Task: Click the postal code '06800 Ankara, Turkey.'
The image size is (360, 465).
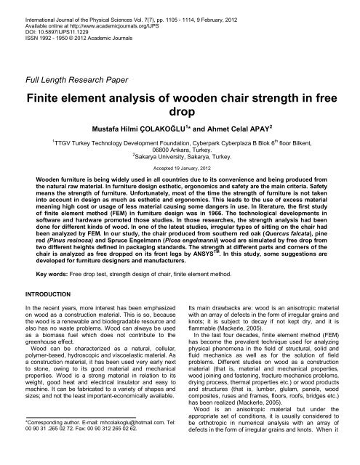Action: click(180, 165)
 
